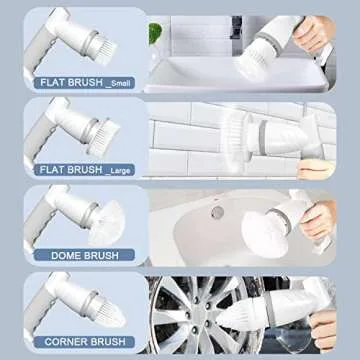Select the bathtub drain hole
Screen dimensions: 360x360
[x=217, y=212]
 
